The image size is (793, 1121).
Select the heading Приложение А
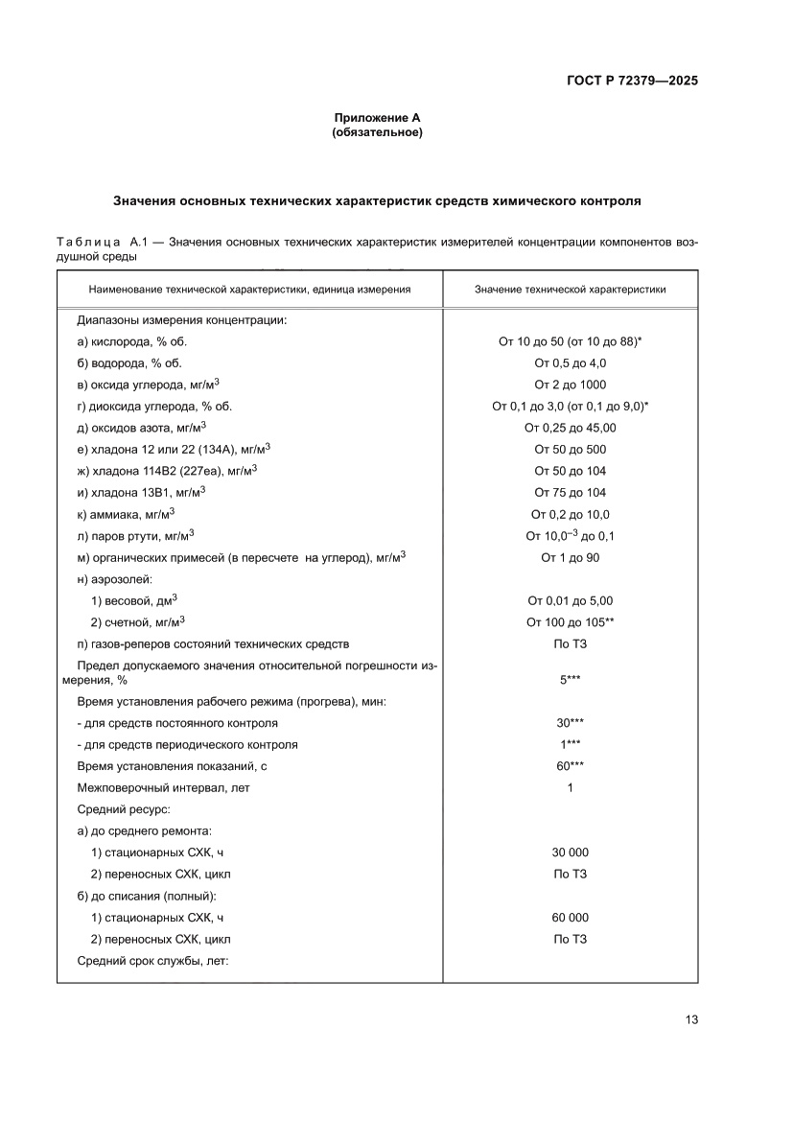376,118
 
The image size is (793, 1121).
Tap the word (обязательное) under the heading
376,132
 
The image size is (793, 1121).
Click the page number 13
690,1019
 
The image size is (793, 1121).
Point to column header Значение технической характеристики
570,289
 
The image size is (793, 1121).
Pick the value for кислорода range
570,341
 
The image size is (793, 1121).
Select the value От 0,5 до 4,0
570,362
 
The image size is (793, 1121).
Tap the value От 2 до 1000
570,385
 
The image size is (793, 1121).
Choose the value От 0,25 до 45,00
570,428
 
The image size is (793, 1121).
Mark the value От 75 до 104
570,492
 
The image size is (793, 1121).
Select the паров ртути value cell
570,535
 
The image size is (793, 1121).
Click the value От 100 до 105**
570,621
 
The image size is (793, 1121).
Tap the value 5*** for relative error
570,679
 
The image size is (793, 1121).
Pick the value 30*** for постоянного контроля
570,723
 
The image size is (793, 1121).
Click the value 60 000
570,918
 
